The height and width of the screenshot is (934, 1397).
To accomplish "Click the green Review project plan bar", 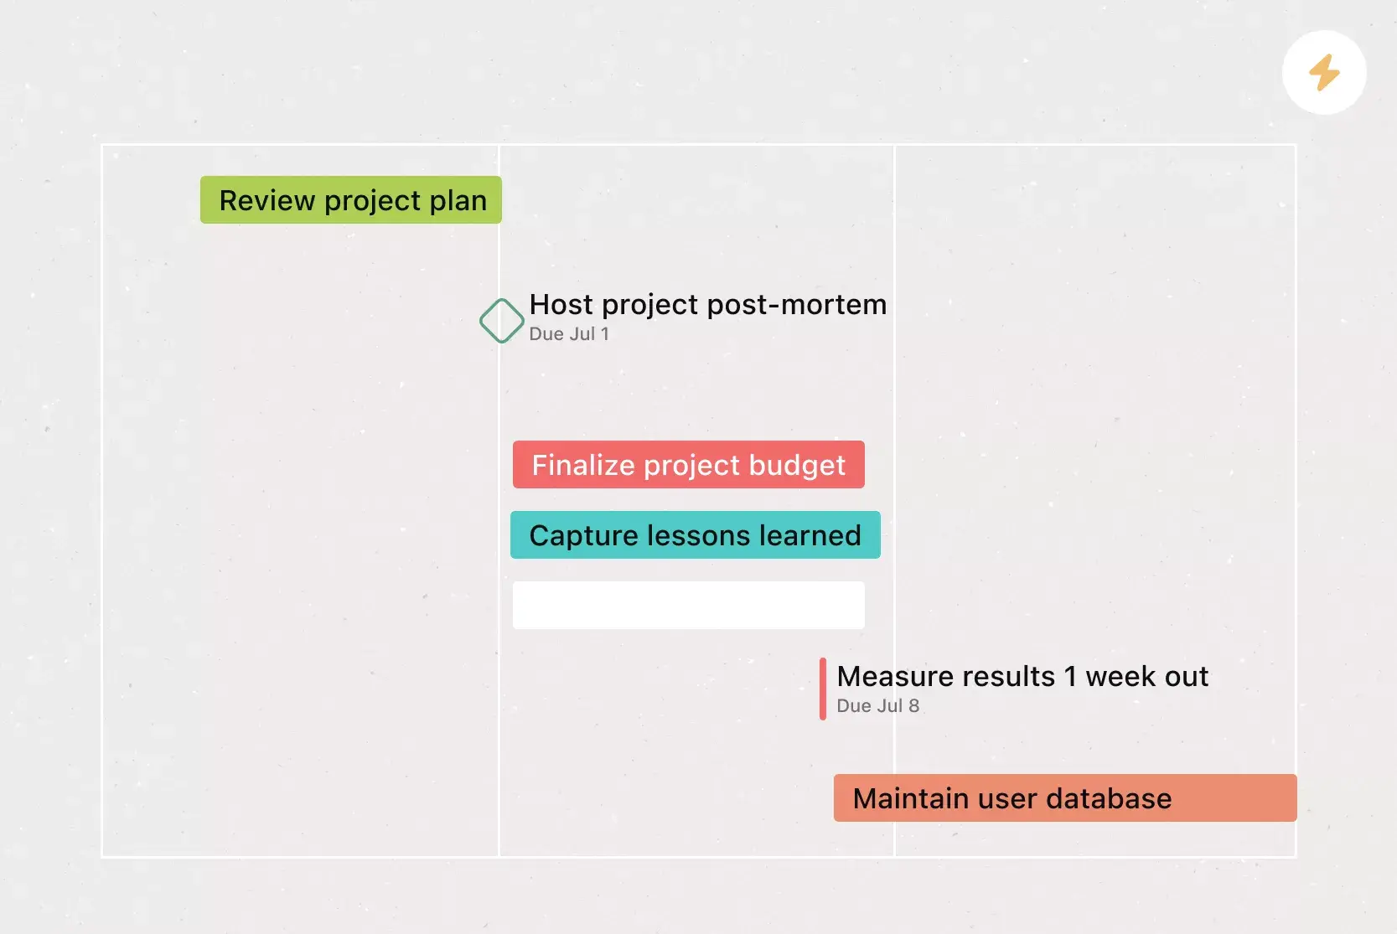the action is (x=351, y=199).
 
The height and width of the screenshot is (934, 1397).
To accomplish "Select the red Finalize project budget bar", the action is (x=689, y=465).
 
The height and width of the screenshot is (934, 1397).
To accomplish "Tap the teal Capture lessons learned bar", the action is (x=696, y=535).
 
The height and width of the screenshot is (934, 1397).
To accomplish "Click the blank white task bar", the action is (x=689, y=606).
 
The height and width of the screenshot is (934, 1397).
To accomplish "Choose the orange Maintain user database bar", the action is (x=1065, y=798).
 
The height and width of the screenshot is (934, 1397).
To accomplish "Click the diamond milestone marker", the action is (x=501, y=321).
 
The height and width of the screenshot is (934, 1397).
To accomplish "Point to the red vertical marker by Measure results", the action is (x=823, y=689).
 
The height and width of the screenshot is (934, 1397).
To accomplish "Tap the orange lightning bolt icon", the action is (x=1324, y=72).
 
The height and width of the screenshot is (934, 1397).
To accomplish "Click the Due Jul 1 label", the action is (x=569, y=334).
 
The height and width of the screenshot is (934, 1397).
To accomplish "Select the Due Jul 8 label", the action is (x=877, y=706).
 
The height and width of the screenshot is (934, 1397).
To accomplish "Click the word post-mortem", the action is (x=797, y=305).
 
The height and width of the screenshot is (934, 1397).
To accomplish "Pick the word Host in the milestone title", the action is (x=561, y=304).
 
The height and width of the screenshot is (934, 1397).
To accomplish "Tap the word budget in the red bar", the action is (x=797, y=466).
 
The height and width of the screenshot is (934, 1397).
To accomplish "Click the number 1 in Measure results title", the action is (x=1070, y=677).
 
